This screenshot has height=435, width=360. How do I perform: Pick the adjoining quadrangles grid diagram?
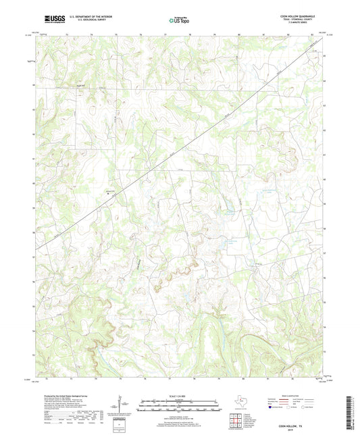[x=234, y=421]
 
